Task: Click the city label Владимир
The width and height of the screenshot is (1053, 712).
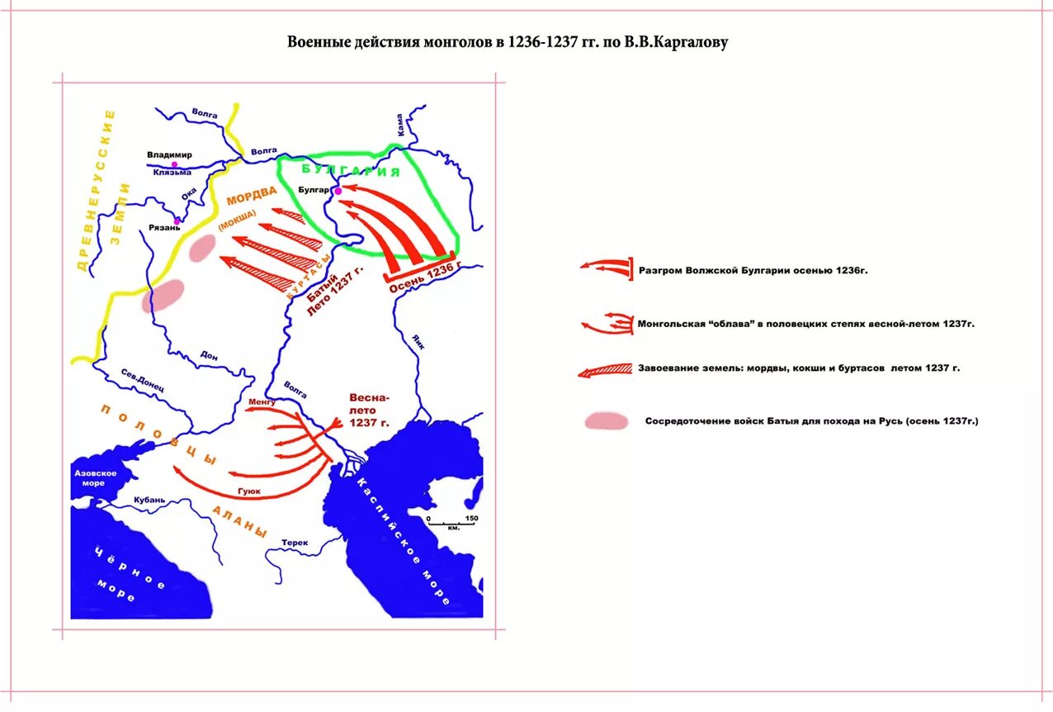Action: tap(169, 154)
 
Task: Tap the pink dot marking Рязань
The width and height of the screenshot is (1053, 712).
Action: tap(177, 221)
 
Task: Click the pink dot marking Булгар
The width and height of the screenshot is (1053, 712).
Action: tap(338, 191)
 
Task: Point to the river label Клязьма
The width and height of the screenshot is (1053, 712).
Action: tap(172, 172)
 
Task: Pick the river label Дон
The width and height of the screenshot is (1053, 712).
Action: tap(209, 356)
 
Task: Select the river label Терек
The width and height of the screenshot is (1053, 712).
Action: tap(294, 543)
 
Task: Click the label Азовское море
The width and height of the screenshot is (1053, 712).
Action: tap(95, 477)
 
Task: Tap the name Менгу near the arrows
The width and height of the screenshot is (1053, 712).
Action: tap(261, 402)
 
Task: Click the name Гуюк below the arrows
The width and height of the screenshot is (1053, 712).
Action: tap(248, 491)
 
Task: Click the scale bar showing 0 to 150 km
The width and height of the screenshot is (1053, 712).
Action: tap(450, 523)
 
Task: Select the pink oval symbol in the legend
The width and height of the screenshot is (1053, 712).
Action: tap(606, 421)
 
